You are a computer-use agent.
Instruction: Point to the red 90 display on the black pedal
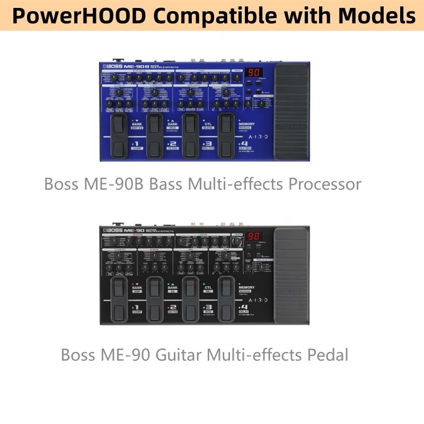click(254, 236)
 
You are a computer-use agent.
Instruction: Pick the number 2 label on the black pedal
click(173, 307)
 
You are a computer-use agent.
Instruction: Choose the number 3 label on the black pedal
click(209, 307)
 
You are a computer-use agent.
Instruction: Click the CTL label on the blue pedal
click(208, 123)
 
